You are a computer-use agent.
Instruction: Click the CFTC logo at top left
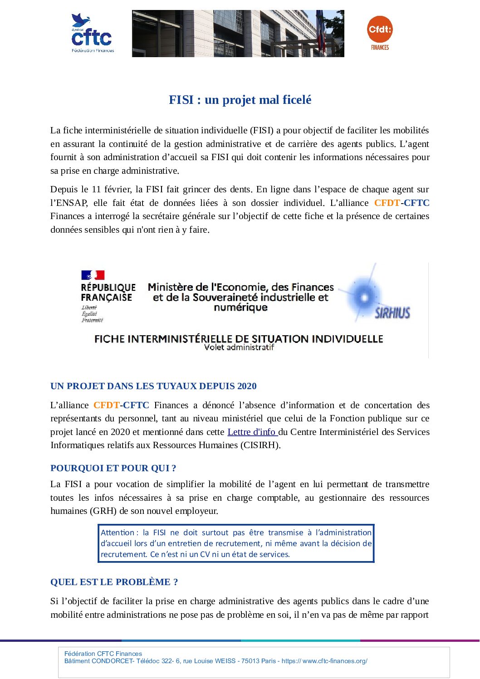[92, 34]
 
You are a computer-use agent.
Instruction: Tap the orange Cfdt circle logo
[379, 29]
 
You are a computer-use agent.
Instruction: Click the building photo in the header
[238, 34]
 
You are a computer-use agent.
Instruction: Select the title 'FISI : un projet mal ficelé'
[240, 100]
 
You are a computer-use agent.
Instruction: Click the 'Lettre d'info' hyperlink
[252, 432]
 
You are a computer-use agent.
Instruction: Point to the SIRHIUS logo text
[392, 313]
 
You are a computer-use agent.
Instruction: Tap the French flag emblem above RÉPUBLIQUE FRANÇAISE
[93, 275]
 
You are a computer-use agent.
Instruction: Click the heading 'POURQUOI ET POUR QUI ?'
[113, 468]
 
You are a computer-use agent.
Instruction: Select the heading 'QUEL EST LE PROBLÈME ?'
[114, 582]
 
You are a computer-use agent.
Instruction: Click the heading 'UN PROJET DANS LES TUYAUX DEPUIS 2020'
[153, 386]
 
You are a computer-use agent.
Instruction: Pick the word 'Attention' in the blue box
[117, 532]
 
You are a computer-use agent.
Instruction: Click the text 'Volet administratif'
[239, 347]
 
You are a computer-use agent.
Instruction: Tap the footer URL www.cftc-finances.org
[335, 661]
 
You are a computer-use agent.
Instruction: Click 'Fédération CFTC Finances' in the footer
[103, 654]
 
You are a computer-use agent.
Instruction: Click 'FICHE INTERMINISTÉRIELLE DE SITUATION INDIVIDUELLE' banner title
[239, 339]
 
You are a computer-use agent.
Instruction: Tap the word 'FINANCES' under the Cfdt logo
[380, 47]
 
